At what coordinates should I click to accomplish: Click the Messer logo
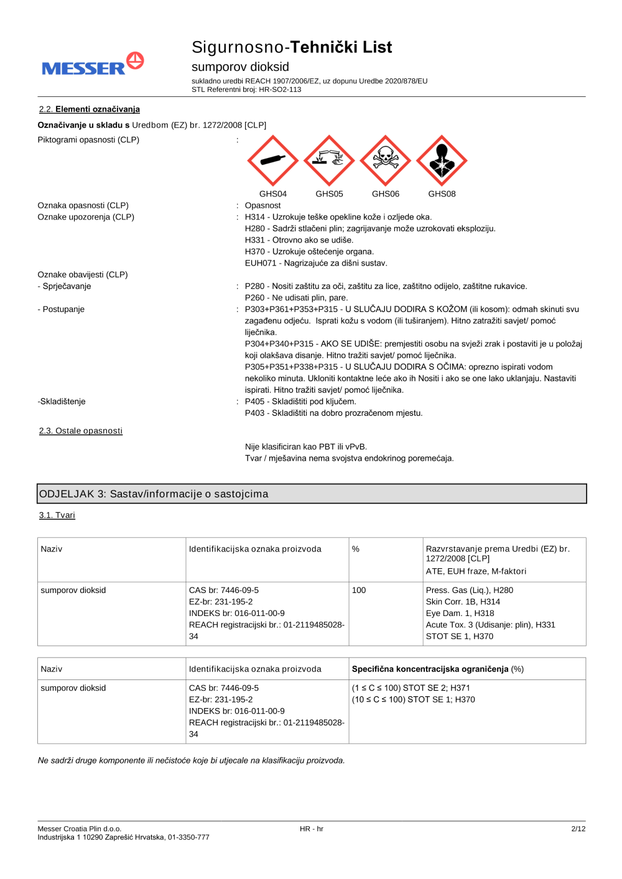click(93, 65)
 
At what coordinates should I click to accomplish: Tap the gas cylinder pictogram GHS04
click(273, 160)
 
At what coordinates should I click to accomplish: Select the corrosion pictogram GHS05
click(329, 160)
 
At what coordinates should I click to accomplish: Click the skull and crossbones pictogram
click(386, 160)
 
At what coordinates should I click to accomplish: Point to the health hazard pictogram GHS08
click(442, 160)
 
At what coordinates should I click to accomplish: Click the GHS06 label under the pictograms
click(386, 194)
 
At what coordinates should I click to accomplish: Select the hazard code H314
click(254, 217)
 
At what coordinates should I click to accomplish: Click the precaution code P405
click(254, 402)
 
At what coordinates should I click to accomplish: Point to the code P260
click(254, 298)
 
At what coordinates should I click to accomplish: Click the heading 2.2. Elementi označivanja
click(89, 109)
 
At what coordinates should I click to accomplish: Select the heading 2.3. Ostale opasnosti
click(81, 431)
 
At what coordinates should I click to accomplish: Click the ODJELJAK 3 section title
click(154, 494)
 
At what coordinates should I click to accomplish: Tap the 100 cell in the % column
click(359, 590)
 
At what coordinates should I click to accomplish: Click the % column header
click(356, 549)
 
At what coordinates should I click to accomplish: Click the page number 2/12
click(578, 829)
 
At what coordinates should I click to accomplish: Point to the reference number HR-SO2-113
click(280, 90)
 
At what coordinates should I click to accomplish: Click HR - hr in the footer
click(312, 829)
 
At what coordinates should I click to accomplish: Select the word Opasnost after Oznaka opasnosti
click(262, 206)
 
